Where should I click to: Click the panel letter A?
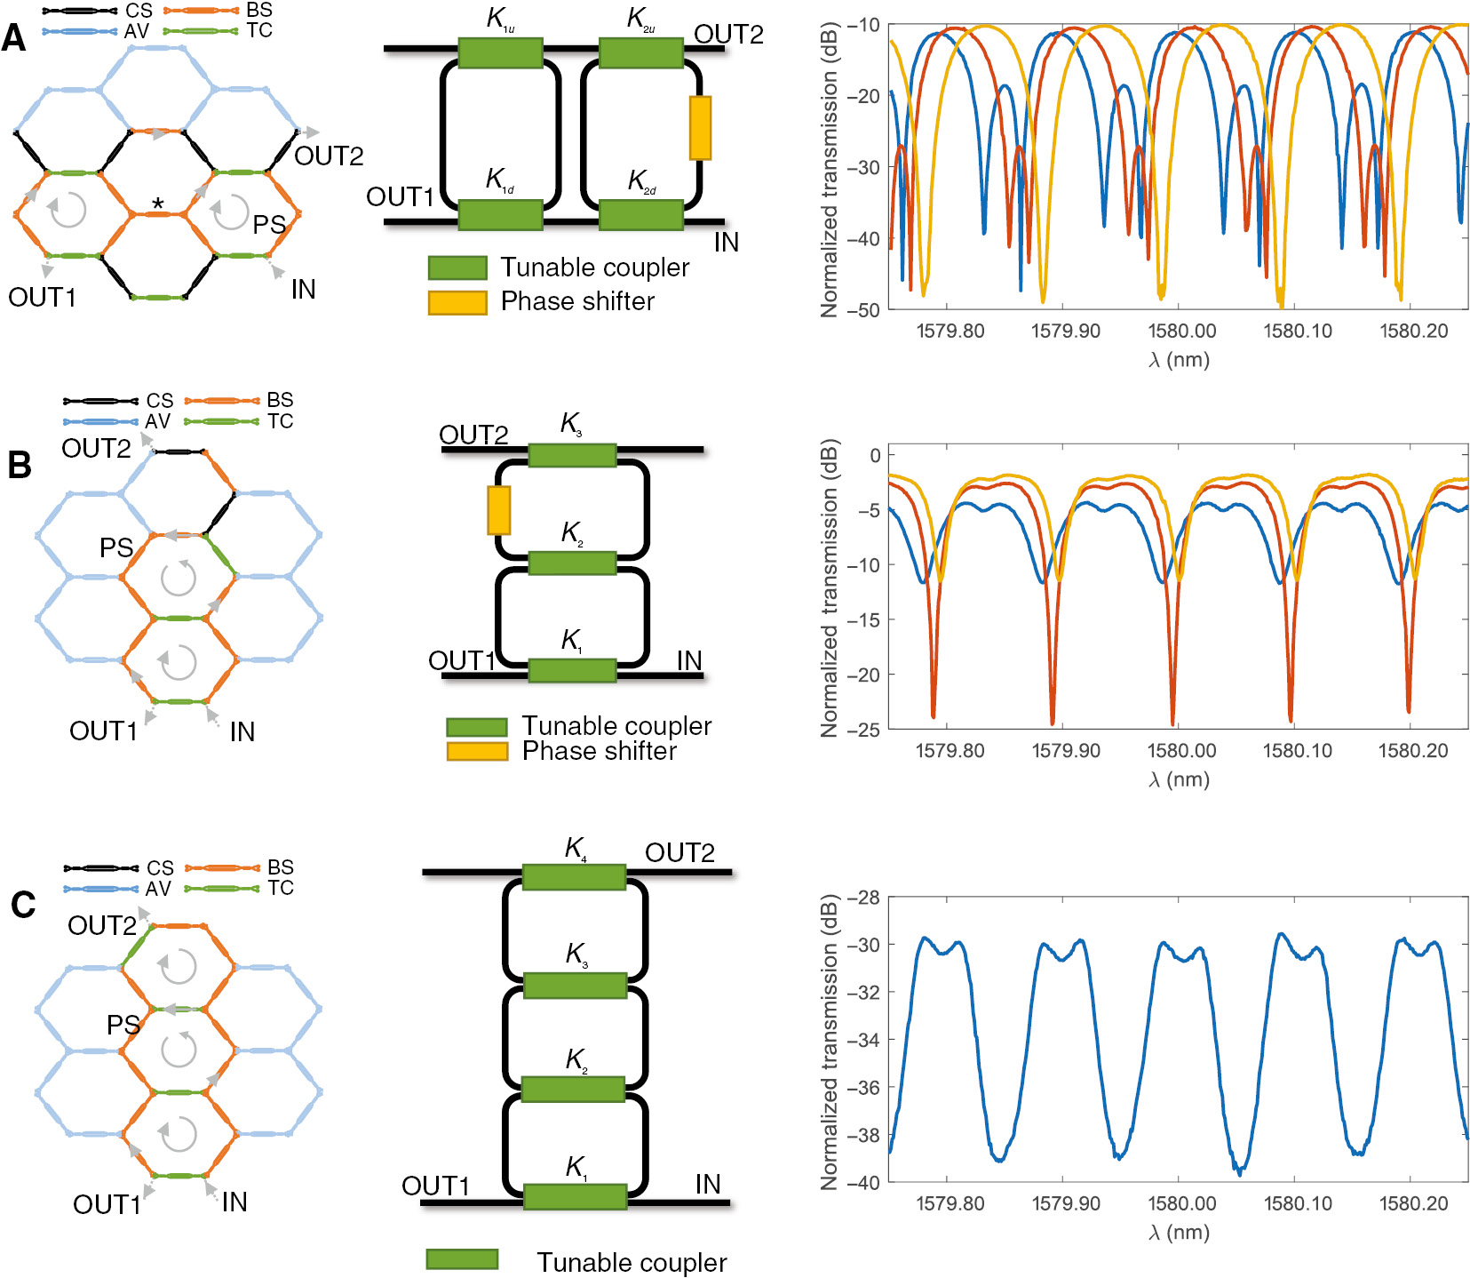[x=13, y=38]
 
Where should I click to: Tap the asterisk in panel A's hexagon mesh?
[x=157, y=204]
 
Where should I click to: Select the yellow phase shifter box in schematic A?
[x=700, y=128]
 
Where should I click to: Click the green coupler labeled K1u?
[x=500, y=52]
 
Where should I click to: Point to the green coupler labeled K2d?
[x=641, y=214]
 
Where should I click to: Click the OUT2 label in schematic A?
[x=728, y=35]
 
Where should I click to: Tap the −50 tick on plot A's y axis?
[x=862, y=309]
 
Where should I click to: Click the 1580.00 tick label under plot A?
[x=1181, y=331]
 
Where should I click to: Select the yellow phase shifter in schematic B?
[x=499, y=510]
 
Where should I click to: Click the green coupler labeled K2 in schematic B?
[x=572, y=563]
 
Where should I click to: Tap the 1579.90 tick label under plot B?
[x=1065, y=751]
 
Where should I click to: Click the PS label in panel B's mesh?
[x=116, y=548]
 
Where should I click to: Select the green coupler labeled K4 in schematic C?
[x=575, y=877]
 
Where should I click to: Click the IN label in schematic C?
[x=708, y=1184]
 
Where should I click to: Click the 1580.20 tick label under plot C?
[x=1413, y=1204]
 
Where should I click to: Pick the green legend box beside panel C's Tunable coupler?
[x=462, y=1259]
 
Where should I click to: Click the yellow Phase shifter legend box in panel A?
[x=457, y=302]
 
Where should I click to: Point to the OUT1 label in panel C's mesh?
[x=107, y=1204]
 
